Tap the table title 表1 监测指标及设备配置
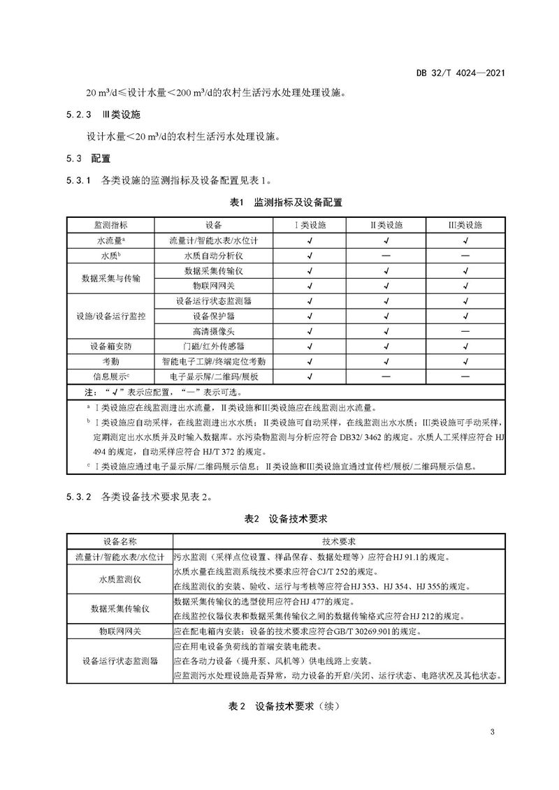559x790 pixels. (x=279, y=203)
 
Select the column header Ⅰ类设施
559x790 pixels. (x=309, y=225)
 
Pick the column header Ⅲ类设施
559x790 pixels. (x=465, y=225)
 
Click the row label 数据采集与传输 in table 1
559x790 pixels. (x=112, y=277)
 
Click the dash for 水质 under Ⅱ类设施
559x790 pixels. (x=387, y=256)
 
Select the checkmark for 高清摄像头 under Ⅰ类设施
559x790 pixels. (x=309, y=330)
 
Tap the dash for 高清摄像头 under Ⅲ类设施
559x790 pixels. (x=465, y=330)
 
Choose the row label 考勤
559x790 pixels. (x=112, y=361)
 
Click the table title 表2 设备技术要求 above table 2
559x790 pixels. (x=279, y=520)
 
